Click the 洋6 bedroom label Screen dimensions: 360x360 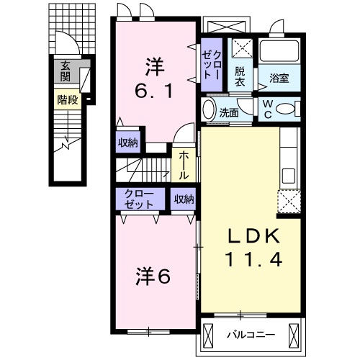click(153, 276)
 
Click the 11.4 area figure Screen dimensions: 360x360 click(250, 259)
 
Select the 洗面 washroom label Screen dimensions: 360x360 click(229, 112)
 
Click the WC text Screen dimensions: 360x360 click(267, 109)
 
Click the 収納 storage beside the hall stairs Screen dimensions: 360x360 click(127, 143)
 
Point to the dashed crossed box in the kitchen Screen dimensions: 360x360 click(289, 202)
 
